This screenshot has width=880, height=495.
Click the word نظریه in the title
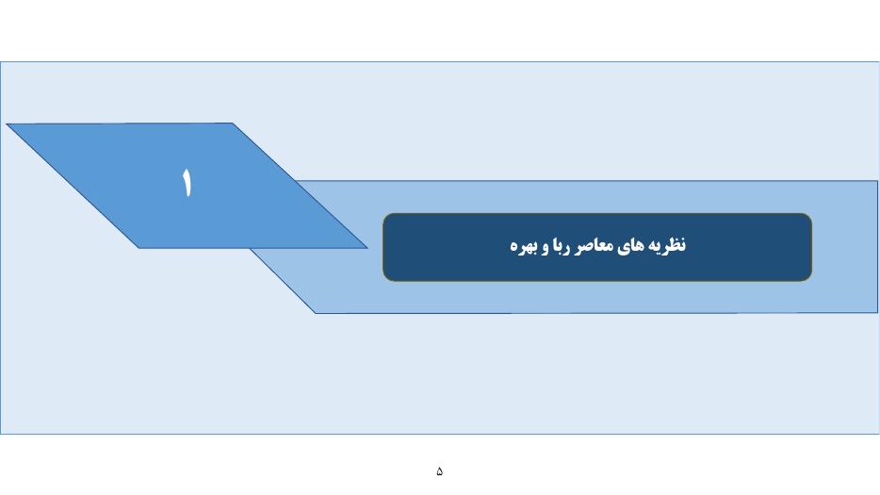(x=667, y=245)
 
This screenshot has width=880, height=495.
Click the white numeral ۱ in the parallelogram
(x=187, y=182)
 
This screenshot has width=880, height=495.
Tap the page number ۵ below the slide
(x=439, y=470)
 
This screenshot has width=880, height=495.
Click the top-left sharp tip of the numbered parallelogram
(x=7, y=124)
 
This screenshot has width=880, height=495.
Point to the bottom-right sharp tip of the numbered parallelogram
(x=367, y=247)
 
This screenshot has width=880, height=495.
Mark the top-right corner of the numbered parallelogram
(x=232, y=124)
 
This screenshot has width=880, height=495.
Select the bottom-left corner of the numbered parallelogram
(x=139, y=248)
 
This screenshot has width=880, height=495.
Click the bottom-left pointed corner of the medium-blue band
(x=316, y=313)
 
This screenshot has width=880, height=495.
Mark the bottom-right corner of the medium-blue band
(x=877, y=312)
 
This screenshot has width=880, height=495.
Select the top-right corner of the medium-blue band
(x=877, y=181)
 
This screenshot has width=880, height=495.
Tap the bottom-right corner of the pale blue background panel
(x=879, y=433)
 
